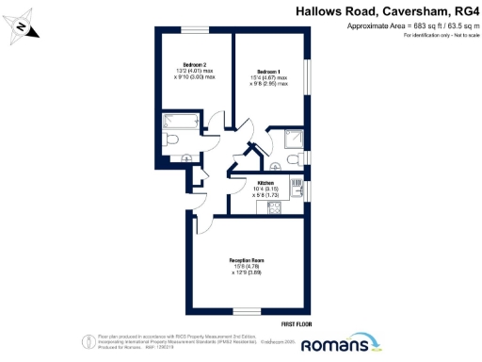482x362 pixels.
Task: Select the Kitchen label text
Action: [265, 182]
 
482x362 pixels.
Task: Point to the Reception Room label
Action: [246, 260]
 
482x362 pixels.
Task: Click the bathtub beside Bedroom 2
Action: [178, 121]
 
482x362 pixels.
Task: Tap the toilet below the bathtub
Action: [173, 140]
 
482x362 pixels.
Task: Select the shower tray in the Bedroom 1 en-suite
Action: [294, 139]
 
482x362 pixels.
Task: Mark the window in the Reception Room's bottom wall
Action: [247, 311]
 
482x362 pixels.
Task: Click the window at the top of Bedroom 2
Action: [195, 31]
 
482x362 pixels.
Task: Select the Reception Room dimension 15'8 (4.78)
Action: [246, 268]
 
